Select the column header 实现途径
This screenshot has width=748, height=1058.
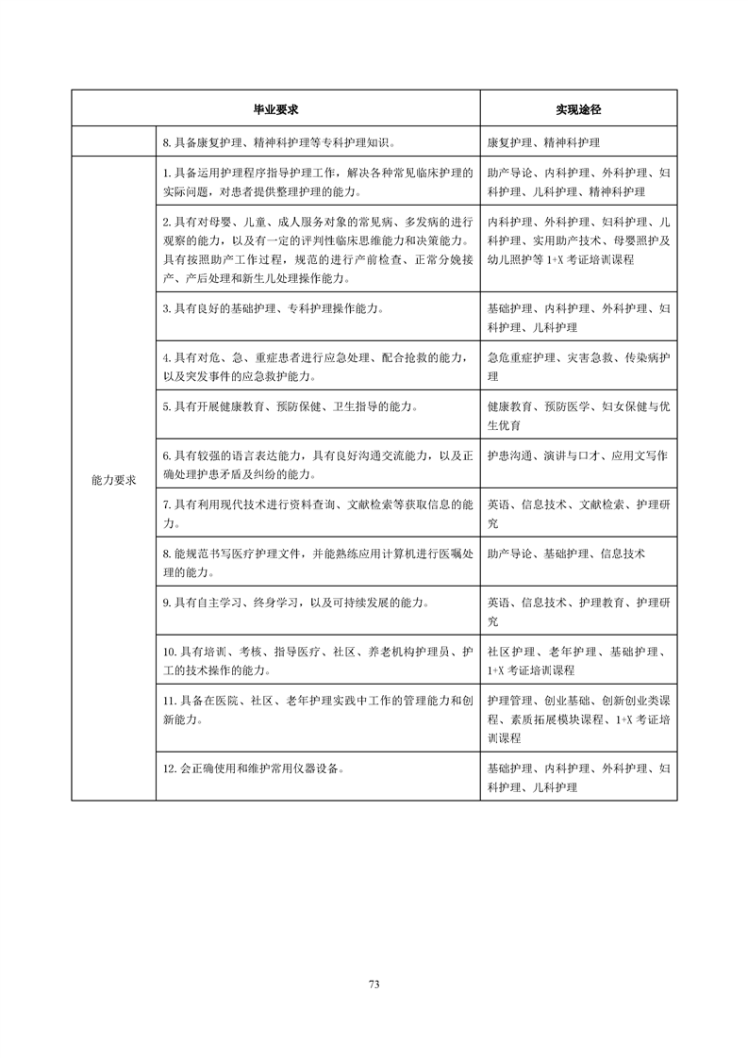[578, 109]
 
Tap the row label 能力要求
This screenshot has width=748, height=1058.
[113, 479]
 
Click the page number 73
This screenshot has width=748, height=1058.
[374, 984]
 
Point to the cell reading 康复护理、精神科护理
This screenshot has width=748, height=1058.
[543, 142]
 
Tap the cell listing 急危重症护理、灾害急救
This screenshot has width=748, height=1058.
[578, 367]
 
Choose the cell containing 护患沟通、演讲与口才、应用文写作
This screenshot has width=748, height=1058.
[577, 455]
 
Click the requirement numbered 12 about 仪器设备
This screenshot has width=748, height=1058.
[253, 769]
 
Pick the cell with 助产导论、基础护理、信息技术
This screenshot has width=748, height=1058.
[566, 554]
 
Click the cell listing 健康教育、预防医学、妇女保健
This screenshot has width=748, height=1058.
[578, 416]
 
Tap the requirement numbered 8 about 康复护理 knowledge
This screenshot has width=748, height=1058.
[278, 142]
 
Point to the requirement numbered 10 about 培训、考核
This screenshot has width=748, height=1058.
[317, 661]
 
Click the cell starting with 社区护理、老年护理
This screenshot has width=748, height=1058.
[578, 661]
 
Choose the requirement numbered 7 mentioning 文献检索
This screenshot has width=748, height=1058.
[317, 514]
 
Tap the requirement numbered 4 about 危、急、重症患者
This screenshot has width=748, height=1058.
[317, 367]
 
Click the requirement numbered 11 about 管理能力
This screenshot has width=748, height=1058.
[317, 710]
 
